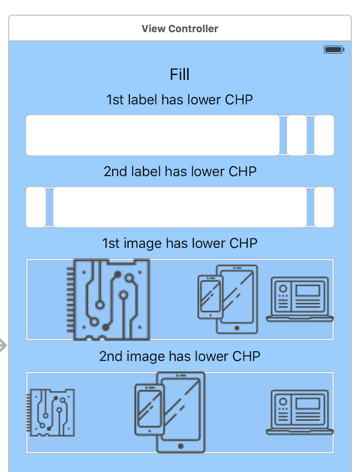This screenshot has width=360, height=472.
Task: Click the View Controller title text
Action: tap(180, 29)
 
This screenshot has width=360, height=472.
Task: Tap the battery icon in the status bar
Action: tap(334, 49)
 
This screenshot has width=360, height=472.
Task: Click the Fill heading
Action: tap(179, 74)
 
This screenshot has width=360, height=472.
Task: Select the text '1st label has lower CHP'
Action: tap(179, 99)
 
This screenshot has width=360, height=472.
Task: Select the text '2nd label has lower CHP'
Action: tap(180, 171)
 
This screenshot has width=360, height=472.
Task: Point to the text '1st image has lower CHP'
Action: tap(180, 243)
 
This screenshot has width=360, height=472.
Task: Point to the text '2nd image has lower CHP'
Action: tap(180, 356)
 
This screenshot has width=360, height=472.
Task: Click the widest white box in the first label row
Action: tap(153, 135)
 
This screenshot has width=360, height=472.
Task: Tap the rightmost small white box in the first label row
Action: tap(324, 135)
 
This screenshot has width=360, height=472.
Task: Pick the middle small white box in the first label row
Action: tap(297, 135)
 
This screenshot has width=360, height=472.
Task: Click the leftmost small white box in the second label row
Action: tap(36, 207)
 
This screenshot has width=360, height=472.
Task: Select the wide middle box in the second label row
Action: tap(180, 207)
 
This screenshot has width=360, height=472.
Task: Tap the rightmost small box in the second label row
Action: tap(324, 207)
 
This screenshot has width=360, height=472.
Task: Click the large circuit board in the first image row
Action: tap(109, 299)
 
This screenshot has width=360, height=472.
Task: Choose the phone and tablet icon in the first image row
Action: tap(228, 299)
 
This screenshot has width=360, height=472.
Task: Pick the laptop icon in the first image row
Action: tap(300, 299)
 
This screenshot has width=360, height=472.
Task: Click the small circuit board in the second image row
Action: tap(51, 412)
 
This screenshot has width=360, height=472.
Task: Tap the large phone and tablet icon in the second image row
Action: tap(170, 412)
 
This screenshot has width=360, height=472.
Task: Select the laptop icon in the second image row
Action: tap(300, 412)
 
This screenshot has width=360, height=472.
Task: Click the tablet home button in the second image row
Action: tap(181, 446)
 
